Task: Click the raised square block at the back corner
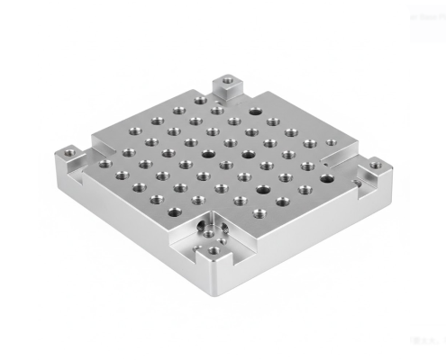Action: (x=228, y=88)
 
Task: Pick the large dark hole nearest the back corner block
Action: (x=255, y=112)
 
